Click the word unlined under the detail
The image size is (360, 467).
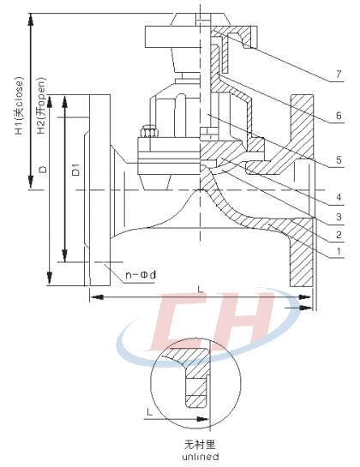(x=202, y=457)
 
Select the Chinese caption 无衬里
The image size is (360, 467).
(x=202, y=445)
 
